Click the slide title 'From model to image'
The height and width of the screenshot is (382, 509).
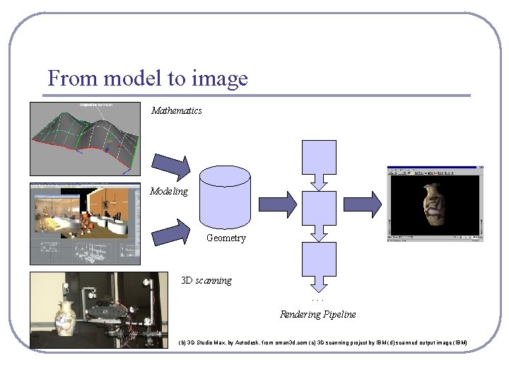click(148, 78)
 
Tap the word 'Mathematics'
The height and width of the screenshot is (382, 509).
click(177, 110)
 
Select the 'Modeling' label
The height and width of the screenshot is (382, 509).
click(169, 191)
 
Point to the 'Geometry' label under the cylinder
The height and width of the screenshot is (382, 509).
click(226, 238)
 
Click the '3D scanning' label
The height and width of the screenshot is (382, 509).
click(206, 280)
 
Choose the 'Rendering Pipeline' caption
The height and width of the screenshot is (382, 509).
click(318, 314)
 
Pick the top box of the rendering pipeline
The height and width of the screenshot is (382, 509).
click(320, 159)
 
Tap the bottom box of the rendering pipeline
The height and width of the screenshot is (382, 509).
click(320, 261)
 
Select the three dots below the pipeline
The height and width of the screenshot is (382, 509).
click(319, 300)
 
